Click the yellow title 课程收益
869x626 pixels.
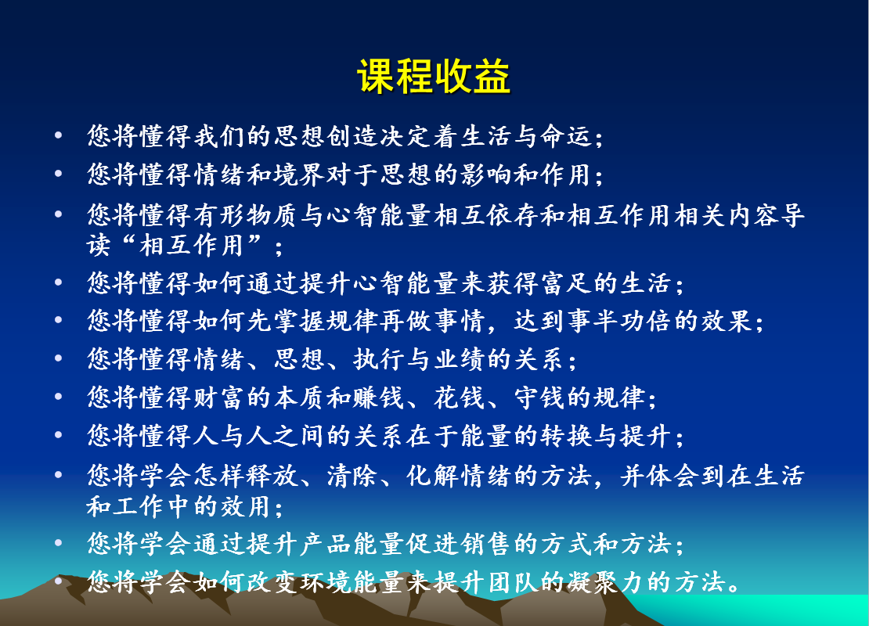434,76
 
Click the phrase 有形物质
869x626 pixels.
246,215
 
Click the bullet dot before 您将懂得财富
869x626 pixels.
58,396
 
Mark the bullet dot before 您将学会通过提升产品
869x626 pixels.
58,542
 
